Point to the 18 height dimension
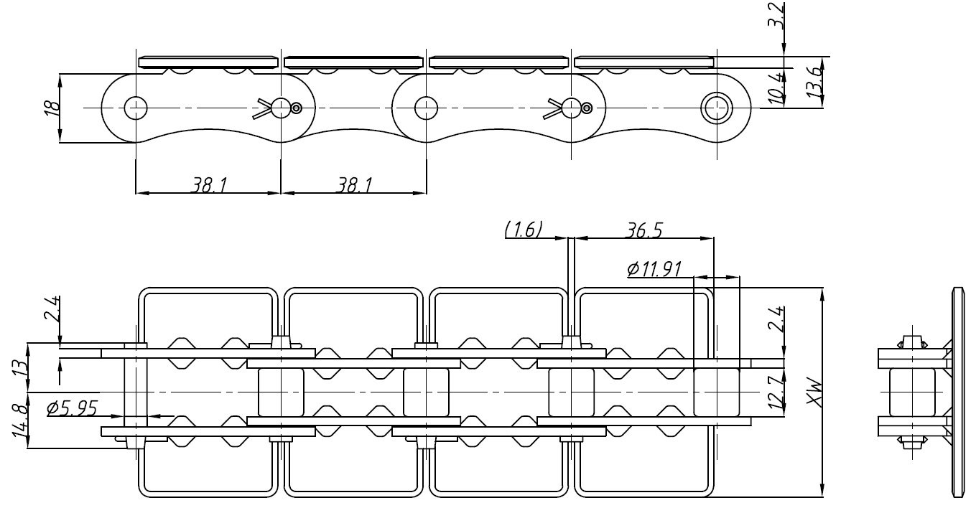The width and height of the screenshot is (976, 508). [x=50, y=108]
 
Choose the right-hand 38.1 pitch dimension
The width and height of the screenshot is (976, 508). [x=353, y=184]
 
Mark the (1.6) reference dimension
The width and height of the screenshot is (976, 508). [x=524, y=229]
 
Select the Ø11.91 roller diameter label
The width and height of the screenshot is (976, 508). [x=654, y=268]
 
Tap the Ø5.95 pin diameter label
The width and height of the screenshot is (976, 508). [x=72, y=408]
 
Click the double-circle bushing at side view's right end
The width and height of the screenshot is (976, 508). [x=715, y=108]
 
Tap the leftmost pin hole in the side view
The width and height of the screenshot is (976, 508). [x=135, y=108]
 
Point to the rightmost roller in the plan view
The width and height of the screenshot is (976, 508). [x=716, y=392]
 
